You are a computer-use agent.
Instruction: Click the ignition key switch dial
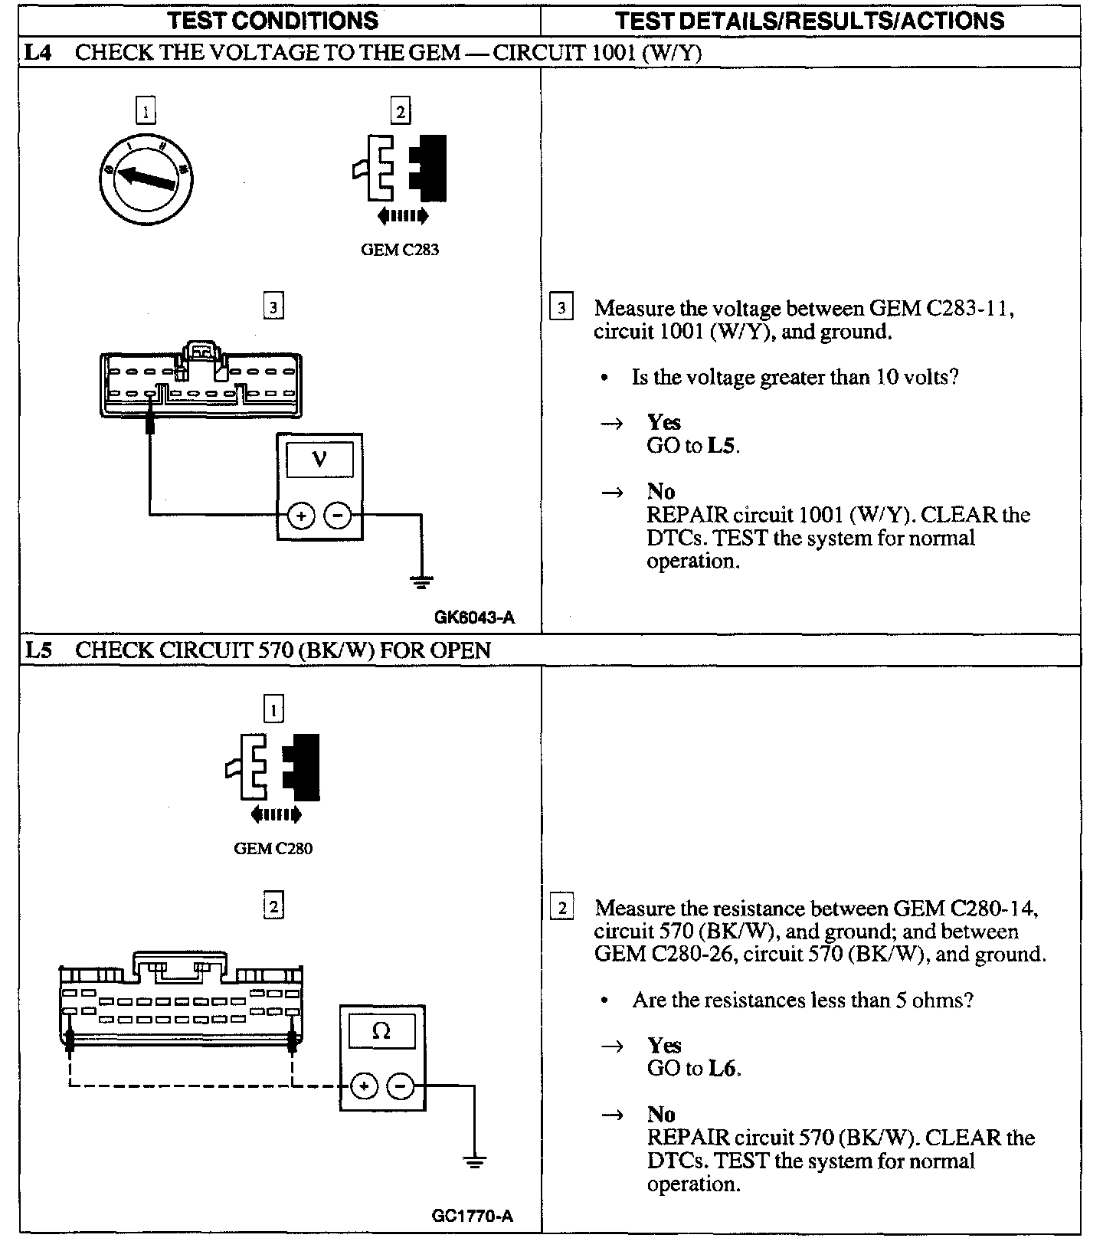[146, 180]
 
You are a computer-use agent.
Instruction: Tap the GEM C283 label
[400, 250]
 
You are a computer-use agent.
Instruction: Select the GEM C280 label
[273, 849]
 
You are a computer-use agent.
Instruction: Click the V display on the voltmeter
[319, 460]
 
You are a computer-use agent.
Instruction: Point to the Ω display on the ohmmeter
[381, 1031]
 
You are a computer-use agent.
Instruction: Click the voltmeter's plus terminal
[301, 516]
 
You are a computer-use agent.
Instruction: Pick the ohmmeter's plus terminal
[364, 1086]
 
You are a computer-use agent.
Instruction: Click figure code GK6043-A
[474, 617]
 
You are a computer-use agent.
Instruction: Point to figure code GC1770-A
[472, 1216]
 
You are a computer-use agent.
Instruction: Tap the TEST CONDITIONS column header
[273, 21]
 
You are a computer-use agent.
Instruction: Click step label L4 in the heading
[38, 52]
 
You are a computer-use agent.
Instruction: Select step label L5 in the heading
[38, 650]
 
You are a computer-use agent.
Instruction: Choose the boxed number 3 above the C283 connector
[273, 307]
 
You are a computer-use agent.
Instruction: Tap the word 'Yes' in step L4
[663, 422]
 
